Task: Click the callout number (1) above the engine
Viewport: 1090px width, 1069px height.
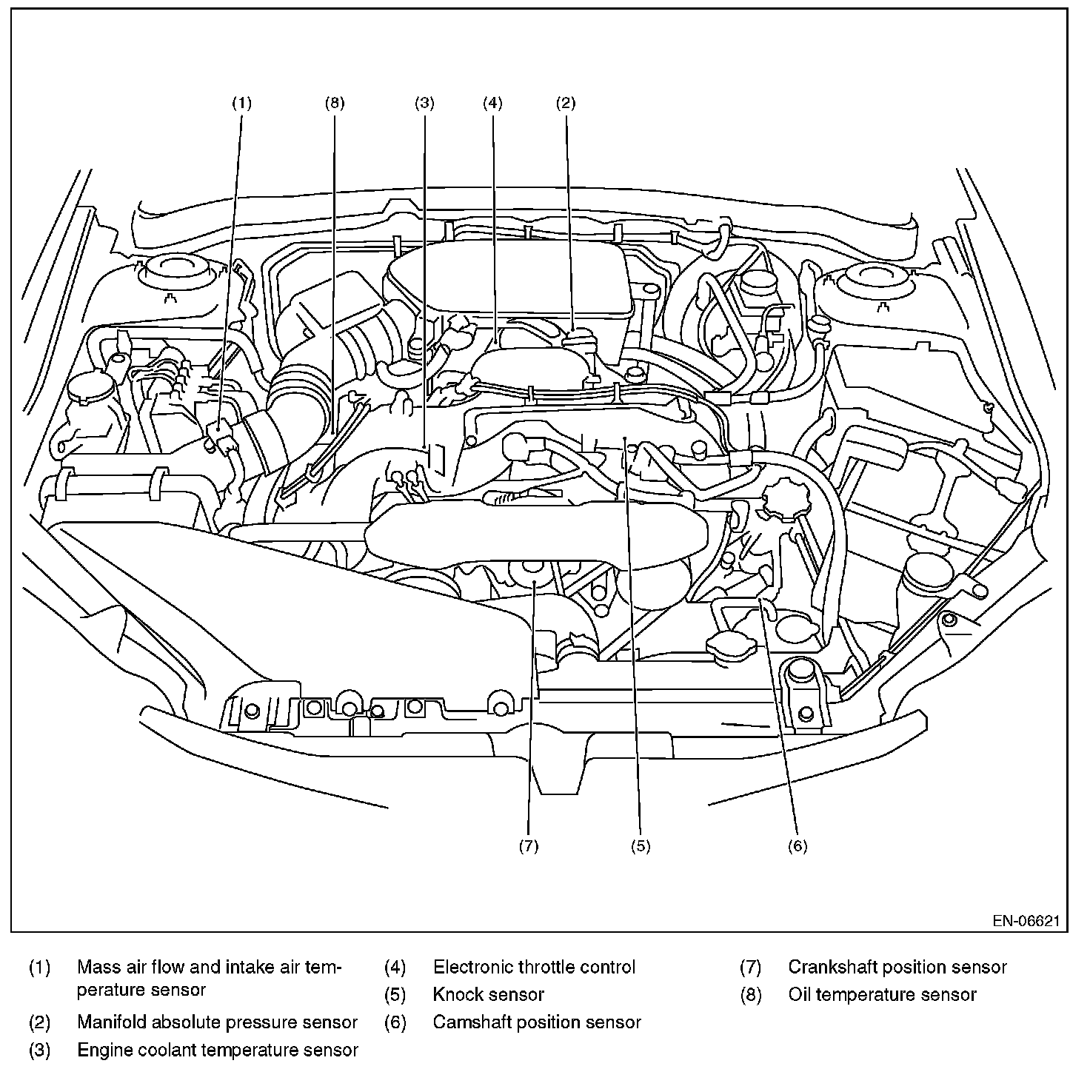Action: tap(241, 103)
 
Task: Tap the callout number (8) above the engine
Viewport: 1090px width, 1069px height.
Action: tap(334, 103)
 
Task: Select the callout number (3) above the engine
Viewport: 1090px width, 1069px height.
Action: tap(424, 103)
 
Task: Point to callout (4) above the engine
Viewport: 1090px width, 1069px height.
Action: tap(492, 103)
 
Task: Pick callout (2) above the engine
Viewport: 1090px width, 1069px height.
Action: tap(565, 103)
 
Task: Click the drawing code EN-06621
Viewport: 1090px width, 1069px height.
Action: tap(1026, 936)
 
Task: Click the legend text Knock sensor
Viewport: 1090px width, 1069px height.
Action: tap(488, 1011)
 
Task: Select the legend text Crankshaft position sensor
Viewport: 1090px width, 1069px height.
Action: tap(897, 982)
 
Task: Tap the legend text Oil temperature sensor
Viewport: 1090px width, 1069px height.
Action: tap(882, 1011)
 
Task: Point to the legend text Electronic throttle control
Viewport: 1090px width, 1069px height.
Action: tap(534, 982)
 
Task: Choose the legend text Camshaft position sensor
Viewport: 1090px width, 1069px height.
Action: tap(537, 1038)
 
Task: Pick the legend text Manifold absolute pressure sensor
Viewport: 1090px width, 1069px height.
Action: tap(217, 1038)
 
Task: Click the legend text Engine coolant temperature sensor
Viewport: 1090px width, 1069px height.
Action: tap(217, 1065)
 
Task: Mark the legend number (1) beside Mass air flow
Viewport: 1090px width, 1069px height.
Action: tap(39, 982)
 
